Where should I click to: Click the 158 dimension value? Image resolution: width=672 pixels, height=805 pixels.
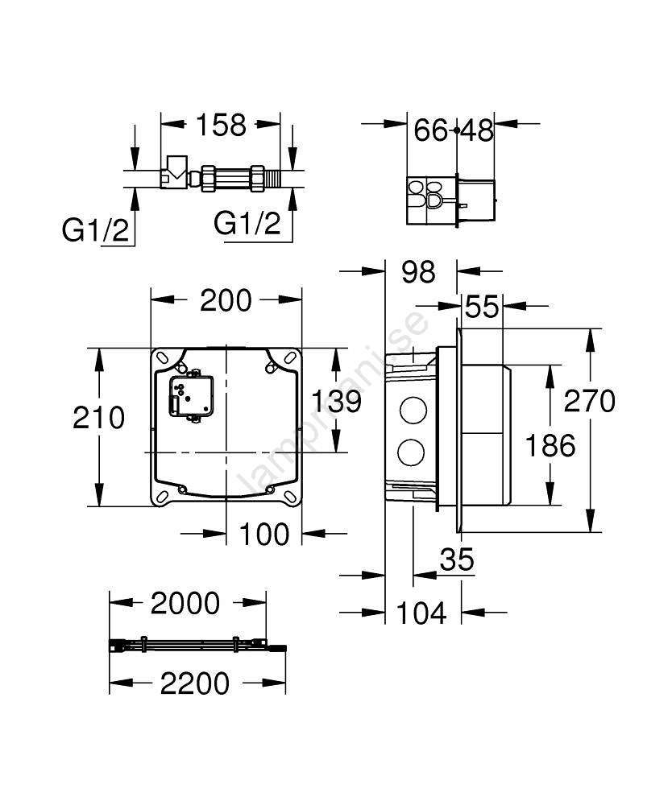tap(222, 125)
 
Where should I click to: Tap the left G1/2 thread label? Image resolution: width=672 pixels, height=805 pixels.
tap(96, 229)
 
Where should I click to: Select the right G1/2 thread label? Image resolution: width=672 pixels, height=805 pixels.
tap(247, 223)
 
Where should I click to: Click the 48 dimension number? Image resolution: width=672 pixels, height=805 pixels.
tap(477, 130)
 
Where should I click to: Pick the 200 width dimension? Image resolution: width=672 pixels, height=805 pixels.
tap(226, 300)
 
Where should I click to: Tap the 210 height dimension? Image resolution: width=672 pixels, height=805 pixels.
tap(98, 417)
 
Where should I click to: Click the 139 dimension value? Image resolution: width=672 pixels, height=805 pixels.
tap(337, 401)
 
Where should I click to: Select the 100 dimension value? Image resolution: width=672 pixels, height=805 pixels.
tap(264, 535)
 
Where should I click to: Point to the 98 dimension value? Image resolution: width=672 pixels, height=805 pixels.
tap(419, 271)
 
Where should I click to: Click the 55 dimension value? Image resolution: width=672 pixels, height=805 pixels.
tap(482, 307)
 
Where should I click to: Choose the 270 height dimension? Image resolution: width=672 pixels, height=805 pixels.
tap(589, 401)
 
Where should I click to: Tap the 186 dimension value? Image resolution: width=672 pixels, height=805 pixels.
tap(550, 445)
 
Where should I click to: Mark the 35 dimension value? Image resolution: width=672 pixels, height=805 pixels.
tap(457, 559)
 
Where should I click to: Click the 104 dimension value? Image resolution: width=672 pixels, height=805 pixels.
tap(421, 613)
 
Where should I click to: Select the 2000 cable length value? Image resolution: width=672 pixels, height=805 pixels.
tap(185, 603)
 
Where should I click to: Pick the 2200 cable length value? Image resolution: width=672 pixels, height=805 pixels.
tap(195, 683)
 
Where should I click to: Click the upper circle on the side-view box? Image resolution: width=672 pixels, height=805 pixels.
tap(413, 410)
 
